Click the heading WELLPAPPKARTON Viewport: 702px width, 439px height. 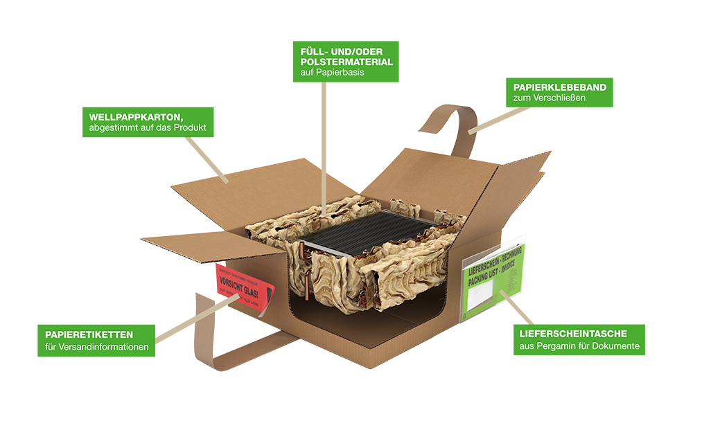click(135, 116)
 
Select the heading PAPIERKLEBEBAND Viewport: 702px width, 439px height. click(559, 87)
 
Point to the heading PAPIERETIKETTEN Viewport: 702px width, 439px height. click(89, 334)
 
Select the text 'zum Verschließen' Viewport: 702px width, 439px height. click(549, 98)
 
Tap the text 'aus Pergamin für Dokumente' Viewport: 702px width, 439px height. click(579, 346)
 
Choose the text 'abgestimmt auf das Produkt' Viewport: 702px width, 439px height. click(147, 128)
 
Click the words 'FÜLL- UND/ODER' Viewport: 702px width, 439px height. click(341, 51)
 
